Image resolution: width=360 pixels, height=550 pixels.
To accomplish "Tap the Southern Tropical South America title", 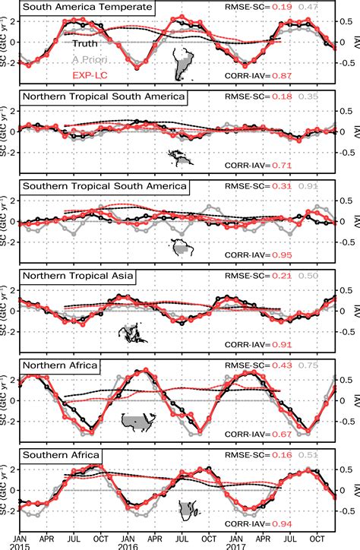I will click(104, 186).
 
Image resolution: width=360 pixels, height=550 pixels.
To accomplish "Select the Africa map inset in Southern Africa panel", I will click(188, 509).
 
